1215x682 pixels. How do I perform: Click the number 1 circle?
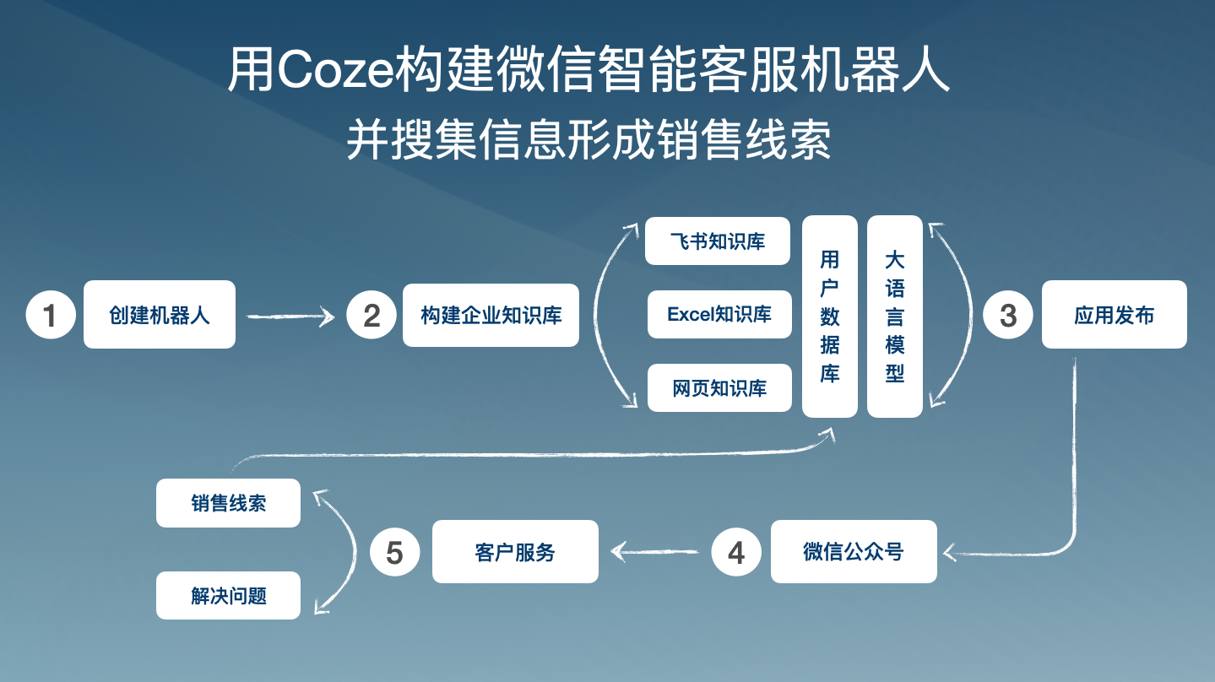(x=51, y=315)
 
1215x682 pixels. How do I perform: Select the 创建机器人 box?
(x=160, y=315)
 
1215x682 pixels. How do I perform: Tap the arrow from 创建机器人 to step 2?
(x=290, y=317)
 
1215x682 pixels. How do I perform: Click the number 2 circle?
(x=372, y=315)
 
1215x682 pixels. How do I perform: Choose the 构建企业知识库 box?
(x=491, y=315)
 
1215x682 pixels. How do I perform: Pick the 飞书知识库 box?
(x=718, y=241)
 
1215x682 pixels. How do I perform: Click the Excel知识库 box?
(x=719, y=315)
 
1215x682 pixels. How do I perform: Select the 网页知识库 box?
(x=719, y=388)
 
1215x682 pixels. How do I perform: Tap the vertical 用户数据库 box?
(x=830, y=317)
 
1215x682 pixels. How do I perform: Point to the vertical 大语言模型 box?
(x=895, y=317)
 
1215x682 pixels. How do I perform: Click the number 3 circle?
(x=1008, y=315)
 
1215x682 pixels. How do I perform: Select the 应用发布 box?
(x=1115, y=315)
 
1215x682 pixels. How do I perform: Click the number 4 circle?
(x=736, y=552)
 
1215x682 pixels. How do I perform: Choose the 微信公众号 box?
(x=854, y=552)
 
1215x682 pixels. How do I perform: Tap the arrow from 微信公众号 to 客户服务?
(x=654, y=552)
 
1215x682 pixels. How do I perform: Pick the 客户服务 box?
(x=515, y=552)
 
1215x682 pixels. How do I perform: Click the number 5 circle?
(x=395, y=552)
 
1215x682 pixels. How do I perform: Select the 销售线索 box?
(x=228, y=503)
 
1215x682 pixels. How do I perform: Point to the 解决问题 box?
(x=228, y=596)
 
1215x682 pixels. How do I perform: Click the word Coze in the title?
(x=334, y=70)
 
